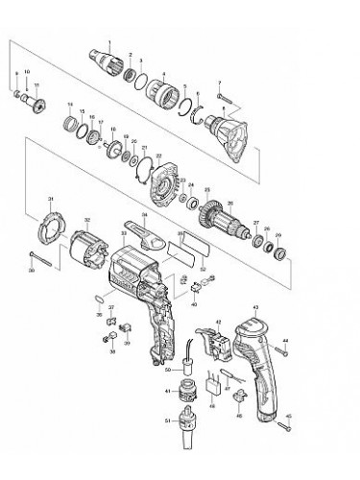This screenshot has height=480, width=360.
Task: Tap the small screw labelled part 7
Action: coord(224,98)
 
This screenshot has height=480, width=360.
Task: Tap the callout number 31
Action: coord(49,200)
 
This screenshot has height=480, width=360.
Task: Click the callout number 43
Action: coord(256,309)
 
